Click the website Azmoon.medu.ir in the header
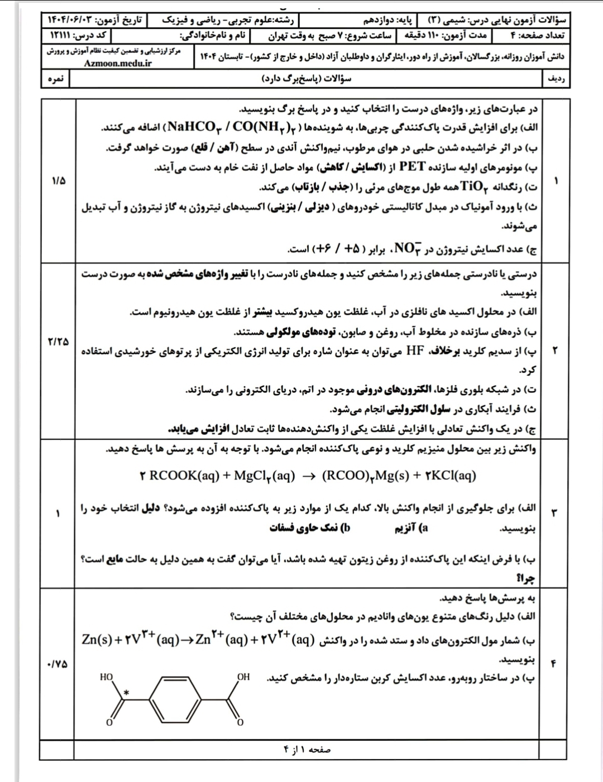point(118,63)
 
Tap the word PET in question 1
point(412,167)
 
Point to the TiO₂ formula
point(473,187)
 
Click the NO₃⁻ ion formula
point(410,248)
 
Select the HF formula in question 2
point(415,351)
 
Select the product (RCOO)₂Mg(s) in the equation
point(365,476)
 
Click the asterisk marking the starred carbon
point(126,693)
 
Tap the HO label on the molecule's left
point(106,677)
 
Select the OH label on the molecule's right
point(243,677)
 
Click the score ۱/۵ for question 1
point(58,181)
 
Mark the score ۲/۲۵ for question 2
point(58,341)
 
